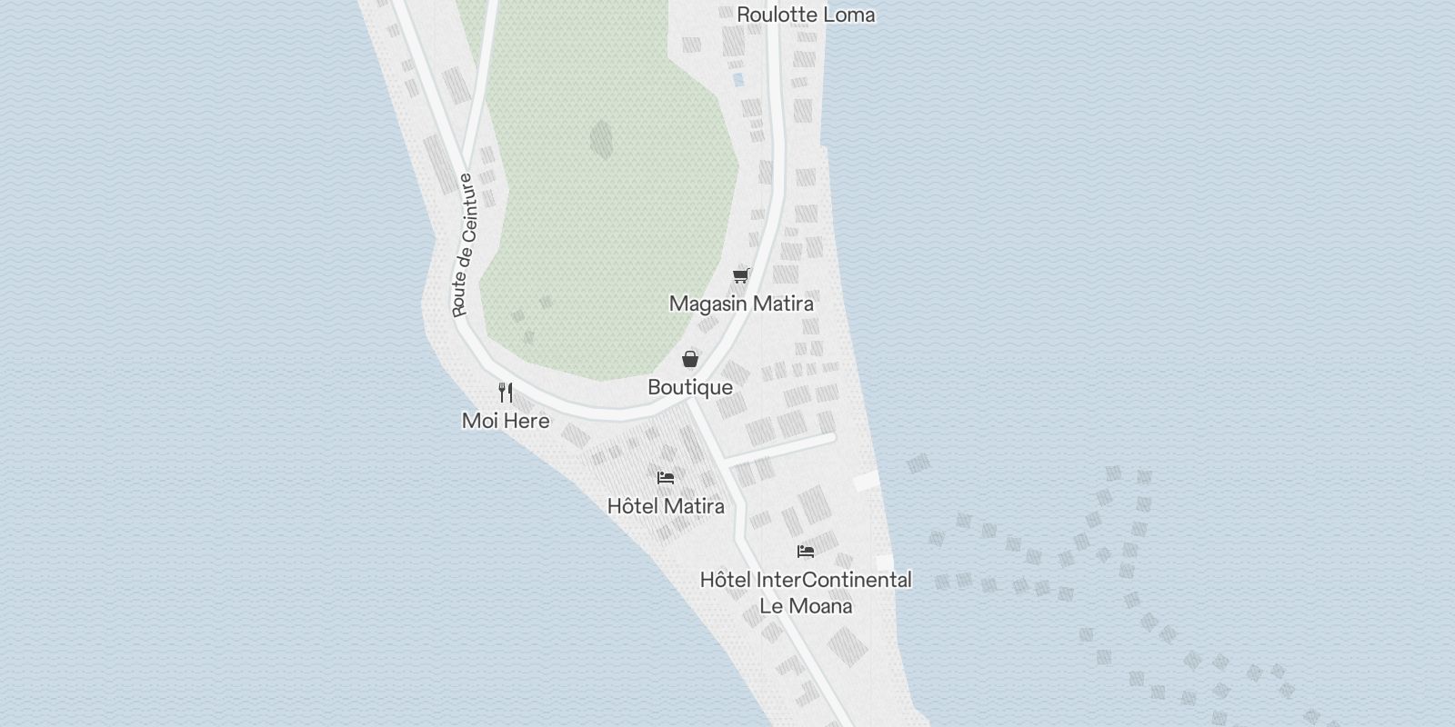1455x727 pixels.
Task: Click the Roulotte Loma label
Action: coord(806,15)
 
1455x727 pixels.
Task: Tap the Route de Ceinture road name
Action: coord(466,245)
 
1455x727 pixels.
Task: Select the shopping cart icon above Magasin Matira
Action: coord(741,274)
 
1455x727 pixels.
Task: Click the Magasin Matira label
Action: coord(741,304)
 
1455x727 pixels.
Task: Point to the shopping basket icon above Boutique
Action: coord(690,358)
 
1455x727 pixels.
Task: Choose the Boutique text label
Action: coord(690,387)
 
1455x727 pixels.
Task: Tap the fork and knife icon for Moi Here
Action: coord(506,393)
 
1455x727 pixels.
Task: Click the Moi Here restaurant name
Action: coord(506,421)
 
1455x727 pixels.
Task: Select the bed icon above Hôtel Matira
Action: coord(666,477)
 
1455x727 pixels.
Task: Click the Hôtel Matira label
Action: coord(666,506)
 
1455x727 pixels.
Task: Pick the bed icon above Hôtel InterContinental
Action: coord(806,551)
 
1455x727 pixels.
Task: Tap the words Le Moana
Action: coord(806,606)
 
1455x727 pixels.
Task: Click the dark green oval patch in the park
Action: coord(601,139)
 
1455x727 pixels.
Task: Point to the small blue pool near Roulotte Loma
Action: coord(738,79)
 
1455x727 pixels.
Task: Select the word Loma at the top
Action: coord(847,15)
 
